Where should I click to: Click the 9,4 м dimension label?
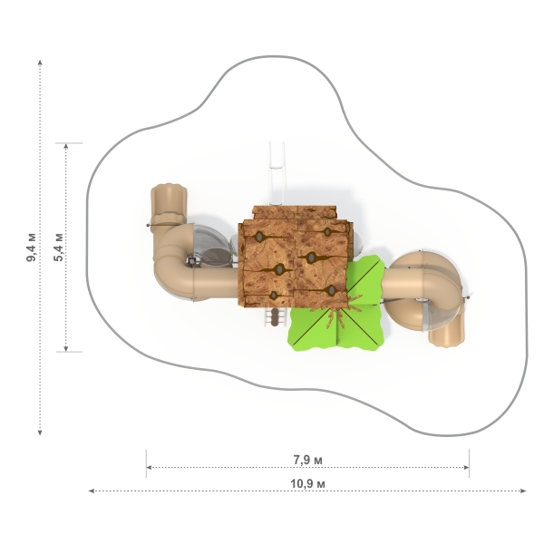click(32, 248)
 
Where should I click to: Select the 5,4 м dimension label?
click(58, 247)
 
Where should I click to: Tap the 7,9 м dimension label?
click(307, 460)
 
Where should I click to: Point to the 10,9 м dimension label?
click(307, 483)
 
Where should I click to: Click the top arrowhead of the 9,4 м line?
click(40, 63)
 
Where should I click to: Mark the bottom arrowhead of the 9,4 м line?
click(40, 432)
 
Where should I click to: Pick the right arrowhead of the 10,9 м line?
click(524, 491)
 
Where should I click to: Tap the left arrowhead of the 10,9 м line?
click(92, 491)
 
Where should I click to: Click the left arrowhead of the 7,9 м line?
click(150, 467)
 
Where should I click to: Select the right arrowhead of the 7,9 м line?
click(466, 467)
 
